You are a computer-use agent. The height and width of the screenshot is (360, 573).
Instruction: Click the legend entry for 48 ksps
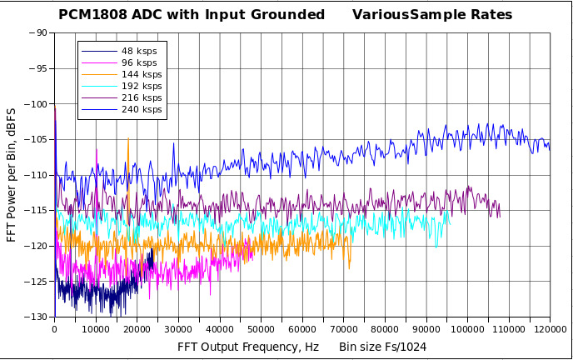tap(138, 52)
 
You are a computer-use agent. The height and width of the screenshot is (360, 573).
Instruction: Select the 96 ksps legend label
tap(138, 63)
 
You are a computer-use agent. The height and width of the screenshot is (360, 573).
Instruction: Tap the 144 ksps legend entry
tap(141, 75)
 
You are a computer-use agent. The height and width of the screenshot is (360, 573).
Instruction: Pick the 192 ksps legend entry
tap(141, 87)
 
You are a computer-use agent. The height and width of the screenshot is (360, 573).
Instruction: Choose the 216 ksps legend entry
tap(141, 98)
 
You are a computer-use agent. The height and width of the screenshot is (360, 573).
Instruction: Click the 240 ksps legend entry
tap(141, 110)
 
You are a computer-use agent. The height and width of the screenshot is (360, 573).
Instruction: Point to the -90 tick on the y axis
tap(38, 33)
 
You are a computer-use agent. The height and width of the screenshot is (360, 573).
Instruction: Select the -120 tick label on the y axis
tap(36, 246)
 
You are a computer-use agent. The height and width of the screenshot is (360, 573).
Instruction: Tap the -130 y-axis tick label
tap(36, 317)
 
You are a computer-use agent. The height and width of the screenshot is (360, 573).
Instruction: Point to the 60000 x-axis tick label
tap(301, 329)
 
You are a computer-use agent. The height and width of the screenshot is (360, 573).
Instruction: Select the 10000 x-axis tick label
tap(95, 329)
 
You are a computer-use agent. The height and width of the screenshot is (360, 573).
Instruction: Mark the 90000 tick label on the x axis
tap(426, 329)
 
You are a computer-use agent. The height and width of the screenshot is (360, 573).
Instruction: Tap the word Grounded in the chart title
tap(288, 15)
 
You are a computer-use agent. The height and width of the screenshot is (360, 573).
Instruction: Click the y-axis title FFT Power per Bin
tap(12, 175)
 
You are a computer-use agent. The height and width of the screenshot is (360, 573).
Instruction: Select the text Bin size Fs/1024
tap(382, 346)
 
